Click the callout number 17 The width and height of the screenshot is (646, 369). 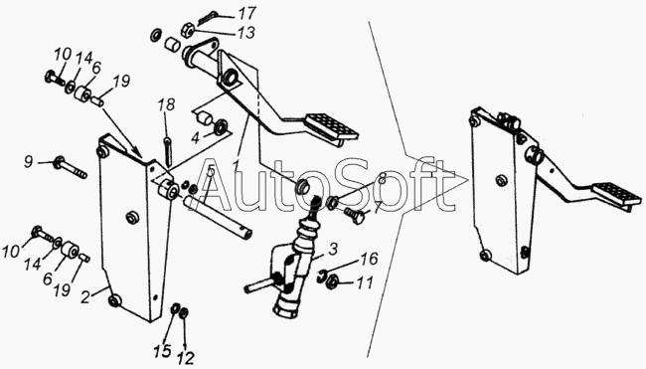click(246, 14)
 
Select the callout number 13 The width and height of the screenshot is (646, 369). click(245, 33)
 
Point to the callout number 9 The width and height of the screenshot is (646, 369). click(28, 161)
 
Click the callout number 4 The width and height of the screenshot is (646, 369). click(195, 138)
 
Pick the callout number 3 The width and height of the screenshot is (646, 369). click(333, 249)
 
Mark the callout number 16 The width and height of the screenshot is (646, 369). click(369, 259)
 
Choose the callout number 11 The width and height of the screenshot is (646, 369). click(365, 282)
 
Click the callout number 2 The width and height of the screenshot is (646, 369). click(85, 297)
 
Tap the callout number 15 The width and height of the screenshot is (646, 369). click(162, 351)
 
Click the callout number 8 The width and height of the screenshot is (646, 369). click(382, 179)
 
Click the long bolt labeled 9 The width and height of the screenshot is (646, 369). click(70, 168)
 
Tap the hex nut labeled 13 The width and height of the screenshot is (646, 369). click(187, 31)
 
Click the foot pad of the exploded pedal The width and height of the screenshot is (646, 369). click(331, 127)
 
